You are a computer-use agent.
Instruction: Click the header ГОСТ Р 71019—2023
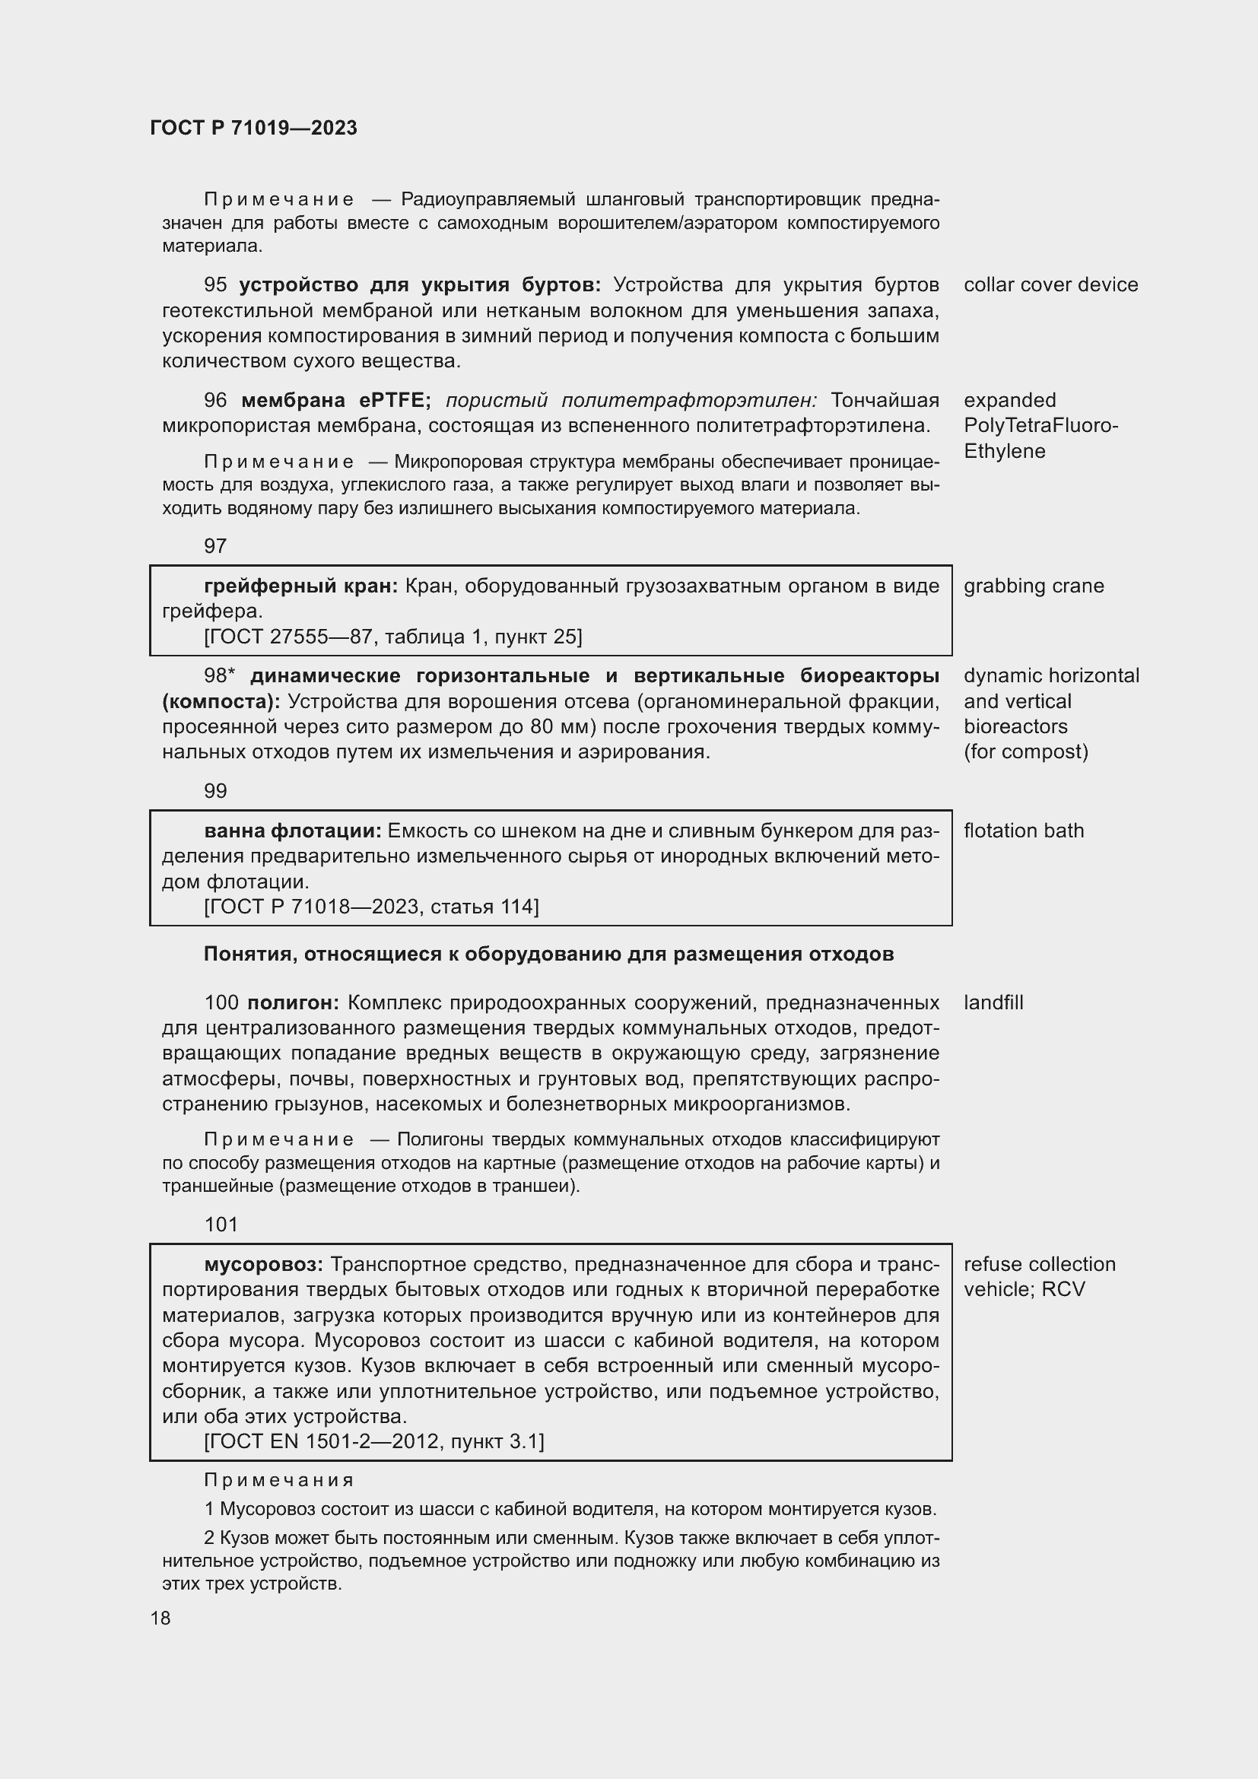tap(253, 128)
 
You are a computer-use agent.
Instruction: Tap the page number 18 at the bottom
tap(160, 1618)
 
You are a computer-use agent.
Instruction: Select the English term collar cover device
tap(1050, 285)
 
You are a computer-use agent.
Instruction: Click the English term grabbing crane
tap(1034, 586)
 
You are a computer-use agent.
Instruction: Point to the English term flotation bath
tap(1023, 831)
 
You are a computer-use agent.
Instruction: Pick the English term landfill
tap(993, 1002)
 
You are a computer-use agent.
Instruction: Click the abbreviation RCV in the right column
tap(1063, 1289)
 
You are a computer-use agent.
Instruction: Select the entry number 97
tap(215, 546)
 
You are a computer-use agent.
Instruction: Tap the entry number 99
tap(215, 791)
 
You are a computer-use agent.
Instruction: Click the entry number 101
tap(221, 1225)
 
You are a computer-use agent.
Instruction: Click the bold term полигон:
tap(293, 1002)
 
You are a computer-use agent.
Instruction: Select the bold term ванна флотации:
tap(292, 831)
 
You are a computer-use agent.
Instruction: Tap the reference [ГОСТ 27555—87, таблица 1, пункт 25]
tap(392, 637)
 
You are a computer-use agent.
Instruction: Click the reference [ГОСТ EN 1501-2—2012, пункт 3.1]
tap(374, 1441)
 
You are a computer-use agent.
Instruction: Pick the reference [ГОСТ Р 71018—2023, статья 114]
tap(371, 907)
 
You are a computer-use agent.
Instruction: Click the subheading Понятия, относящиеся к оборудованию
tap(548, 954)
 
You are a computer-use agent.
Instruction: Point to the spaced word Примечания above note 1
tap(279, 1480)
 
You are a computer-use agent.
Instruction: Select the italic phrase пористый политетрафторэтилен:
tap(631, 401)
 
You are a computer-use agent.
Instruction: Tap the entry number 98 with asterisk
tap(219, 675)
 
